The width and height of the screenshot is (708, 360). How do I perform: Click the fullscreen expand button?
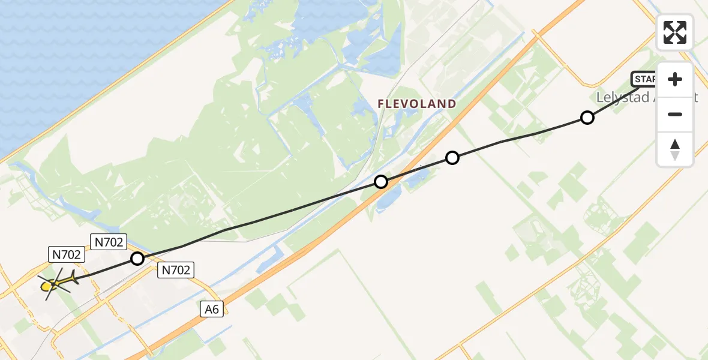click(675, 32)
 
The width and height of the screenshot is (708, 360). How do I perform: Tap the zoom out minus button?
click(675, 114)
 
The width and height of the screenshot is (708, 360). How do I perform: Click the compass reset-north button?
click(675, 149)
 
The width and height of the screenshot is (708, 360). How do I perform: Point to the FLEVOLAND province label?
click(417, 104)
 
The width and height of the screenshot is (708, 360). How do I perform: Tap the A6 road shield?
click(212, 309)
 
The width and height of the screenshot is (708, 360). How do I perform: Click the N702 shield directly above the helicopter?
click(66, 254)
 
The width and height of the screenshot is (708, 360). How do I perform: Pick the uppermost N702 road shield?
click(109, 242)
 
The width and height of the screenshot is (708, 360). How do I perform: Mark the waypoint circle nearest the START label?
click(587, 118)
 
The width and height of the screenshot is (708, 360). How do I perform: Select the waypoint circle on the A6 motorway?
click(381, 181)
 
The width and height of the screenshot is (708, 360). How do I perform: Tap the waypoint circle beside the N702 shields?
click(137, 259)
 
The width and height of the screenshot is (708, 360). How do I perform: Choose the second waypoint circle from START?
click(452, 158)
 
